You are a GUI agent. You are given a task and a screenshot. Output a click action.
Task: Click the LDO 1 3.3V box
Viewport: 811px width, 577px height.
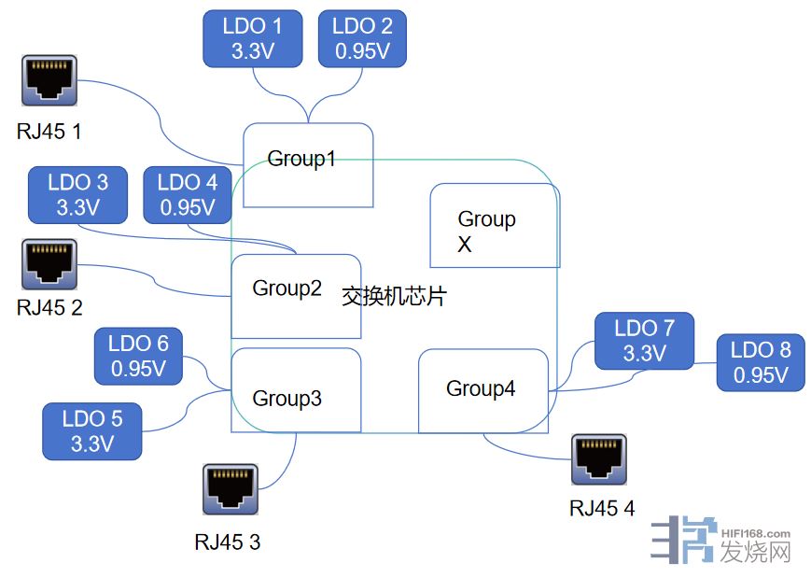pos(252,39)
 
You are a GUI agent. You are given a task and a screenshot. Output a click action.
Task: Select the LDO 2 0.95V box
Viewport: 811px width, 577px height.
pos(362,39)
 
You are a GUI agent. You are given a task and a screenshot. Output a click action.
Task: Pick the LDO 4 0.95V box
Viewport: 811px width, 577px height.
pos(187,195)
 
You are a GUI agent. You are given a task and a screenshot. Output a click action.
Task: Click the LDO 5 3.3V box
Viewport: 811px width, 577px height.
pos(91,431)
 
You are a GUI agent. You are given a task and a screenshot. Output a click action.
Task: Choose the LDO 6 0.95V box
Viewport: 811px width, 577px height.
pos(139,356)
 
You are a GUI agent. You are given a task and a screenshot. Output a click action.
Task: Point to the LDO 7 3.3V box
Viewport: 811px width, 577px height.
pos(644,341)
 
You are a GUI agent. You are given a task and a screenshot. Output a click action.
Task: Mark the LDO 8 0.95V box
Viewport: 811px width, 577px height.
pos(760,363)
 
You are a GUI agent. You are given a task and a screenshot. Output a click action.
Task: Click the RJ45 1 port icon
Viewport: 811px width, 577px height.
pos(49,81)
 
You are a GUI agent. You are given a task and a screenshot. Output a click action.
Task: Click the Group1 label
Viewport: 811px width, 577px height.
pos(301,159)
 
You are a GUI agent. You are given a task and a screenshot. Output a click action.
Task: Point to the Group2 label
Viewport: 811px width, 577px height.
pos(287,288)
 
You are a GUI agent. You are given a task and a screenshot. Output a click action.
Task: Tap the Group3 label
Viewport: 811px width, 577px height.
pos(287,400)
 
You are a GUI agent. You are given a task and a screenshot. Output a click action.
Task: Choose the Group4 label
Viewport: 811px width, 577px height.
pos(481,388)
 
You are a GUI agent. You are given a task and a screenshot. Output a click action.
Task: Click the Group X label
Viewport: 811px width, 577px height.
pos(486,232)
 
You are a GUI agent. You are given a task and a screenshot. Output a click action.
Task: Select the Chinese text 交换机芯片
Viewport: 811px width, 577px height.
pos(394,297)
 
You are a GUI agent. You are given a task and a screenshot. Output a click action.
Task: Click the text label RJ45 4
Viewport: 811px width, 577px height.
pos(602,509)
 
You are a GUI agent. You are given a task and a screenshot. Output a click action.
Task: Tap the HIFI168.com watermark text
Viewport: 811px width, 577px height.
pos(756,534)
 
